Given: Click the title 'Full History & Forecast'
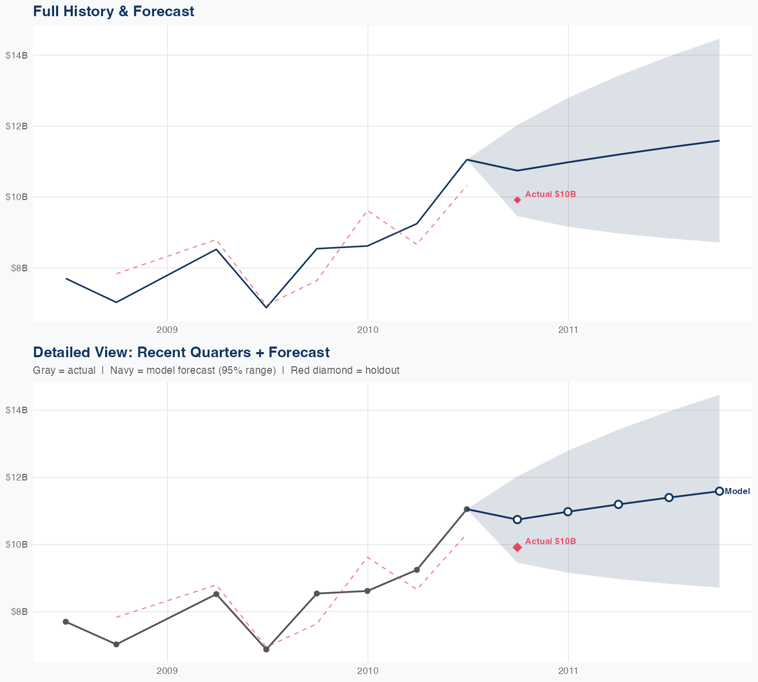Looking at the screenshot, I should coord(113,11).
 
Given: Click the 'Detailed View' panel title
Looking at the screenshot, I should coord(181,352).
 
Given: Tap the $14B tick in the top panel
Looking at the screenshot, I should coord(16,55).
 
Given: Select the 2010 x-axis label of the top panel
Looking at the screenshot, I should coord(367,330).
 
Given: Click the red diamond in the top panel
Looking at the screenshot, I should coord(517,200).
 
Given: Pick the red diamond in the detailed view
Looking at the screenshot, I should coord(517,547).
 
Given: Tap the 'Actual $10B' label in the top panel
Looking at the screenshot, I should coord(550,194).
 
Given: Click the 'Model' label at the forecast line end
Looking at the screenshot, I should coord(737,491).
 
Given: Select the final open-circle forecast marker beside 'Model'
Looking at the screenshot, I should coord(719,491).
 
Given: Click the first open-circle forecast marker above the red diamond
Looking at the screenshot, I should coord(517,519).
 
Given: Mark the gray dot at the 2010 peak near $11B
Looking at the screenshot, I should coord(467,509).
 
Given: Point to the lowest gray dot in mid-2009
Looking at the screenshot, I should coord(266,649).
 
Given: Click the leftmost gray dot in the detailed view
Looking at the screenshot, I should coord(66,621).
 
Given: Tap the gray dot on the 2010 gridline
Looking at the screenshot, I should coord(367,591).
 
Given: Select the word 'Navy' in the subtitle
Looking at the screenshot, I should coord(121,370).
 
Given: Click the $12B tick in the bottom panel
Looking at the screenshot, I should coord(16,477).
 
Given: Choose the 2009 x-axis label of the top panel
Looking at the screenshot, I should coord(167,330).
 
